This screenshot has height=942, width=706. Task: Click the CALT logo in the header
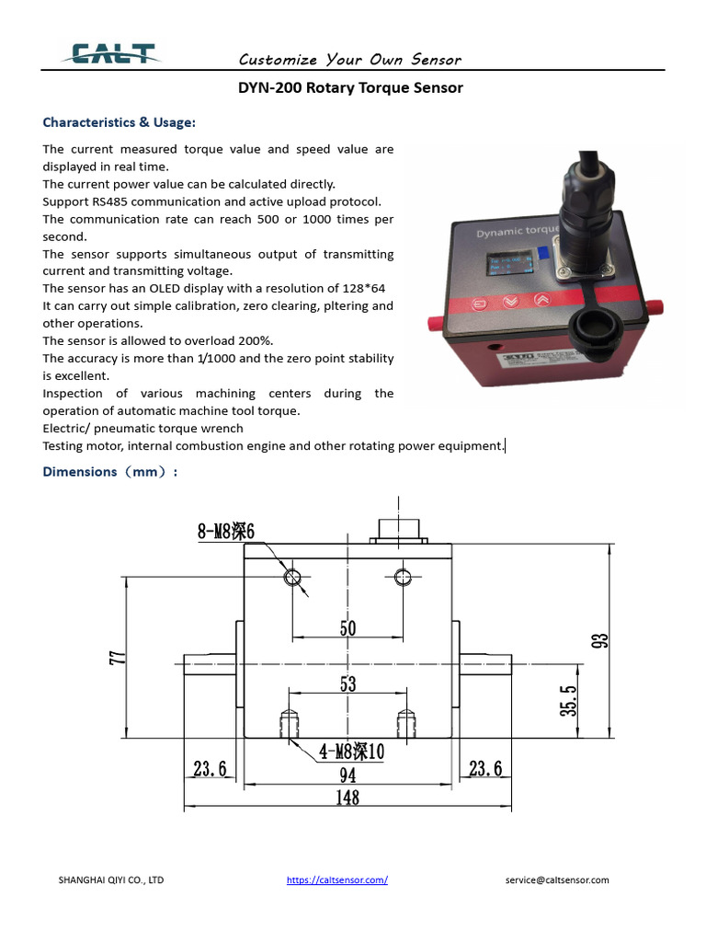[x=109, y=55]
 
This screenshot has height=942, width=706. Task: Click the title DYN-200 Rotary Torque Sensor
[x=350, y=88]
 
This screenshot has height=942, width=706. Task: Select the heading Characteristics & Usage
[x=119, y=122]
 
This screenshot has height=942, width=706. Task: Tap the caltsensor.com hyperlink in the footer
[x=336, y=879]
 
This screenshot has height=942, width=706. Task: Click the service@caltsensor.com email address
[x=556, y=879]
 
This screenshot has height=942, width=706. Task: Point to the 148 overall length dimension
[x=347, y=798]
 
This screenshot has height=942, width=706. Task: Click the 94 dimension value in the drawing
[x=347, y=775]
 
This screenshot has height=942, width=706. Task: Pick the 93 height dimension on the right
[x=599, y=640]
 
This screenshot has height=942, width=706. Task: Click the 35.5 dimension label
[x=570, y=700]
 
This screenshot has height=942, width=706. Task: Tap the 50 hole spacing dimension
[x=347, y=628]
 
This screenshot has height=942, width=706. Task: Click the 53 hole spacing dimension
[x=347, y=684]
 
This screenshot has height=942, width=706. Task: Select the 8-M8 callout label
[x=225, y=531]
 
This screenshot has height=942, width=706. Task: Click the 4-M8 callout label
[x=351, y=752]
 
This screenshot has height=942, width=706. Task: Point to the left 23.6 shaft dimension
[x=211, y=769]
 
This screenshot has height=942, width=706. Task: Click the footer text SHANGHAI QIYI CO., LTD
[x=111, y=879]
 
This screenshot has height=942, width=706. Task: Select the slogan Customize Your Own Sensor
[x=350, y=60]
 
